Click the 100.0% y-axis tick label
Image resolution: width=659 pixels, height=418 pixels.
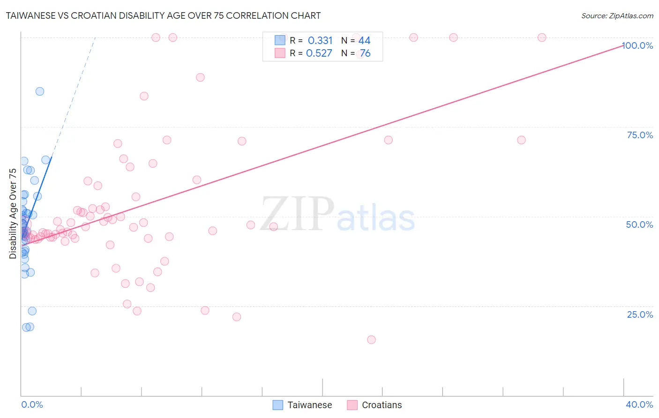(x=637, y=45)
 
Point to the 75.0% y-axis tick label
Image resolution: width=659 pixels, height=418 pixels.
(x=640, y=135)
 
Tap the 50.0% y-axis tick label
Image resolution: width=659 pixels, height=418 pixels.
(x=639, y=224)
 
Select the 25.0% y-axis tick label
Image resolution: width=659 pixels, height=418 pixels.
(x=640, y=314)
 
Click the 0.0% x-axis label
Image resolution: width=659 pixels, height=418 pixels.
(x=32, y=404)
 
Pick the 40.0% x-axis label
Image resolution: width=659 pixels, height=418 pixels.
(x=639, y=404)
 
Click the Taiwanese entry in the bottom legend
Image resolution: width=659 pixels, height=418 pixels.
(x=309, y=405)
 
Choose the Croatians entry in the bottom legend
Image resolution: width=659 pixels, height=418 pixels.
(x=382, y=405)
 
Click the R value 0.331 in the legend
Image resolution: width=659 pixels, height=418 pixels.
(x=320, y=40)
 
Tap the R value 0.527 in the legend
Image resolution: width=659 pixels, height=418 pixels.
(x=319, y=53)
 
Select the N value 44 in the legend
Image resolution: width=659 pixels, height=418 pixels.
(x=364, y=40)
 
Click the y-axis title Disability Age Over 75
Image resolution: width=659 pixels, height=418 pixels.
(x=13, y=213)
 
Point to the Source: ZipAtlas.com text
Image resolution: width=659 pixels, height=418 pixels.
(x=617, y=15)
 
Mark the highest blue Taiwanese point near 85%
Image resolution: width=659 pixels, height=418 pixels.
(x=40, y=91)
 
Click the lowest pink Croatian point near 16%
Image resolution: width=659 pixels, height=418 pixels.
(x=371, y=340)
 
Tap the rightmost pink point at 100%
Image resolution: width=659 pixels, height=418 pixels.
(x=542, y=37)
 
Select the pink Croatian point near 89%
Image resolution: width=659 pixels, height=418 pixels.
(x=200, y=77)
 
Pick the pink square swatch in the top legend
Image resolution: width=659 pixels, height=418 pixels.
(x=280, y=53)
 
